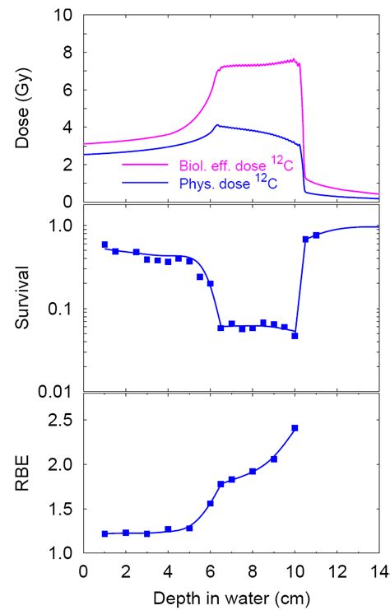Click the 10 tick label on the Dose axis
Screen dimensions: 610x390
[x=61, y=15]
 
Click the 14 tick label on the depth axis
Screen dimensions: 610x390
[x=379, y=570]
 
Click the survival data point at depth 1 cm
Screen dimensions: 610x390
[x=104, y=244]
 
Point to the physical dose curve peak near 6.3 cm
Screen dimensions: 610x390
[x=216, y=126]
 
